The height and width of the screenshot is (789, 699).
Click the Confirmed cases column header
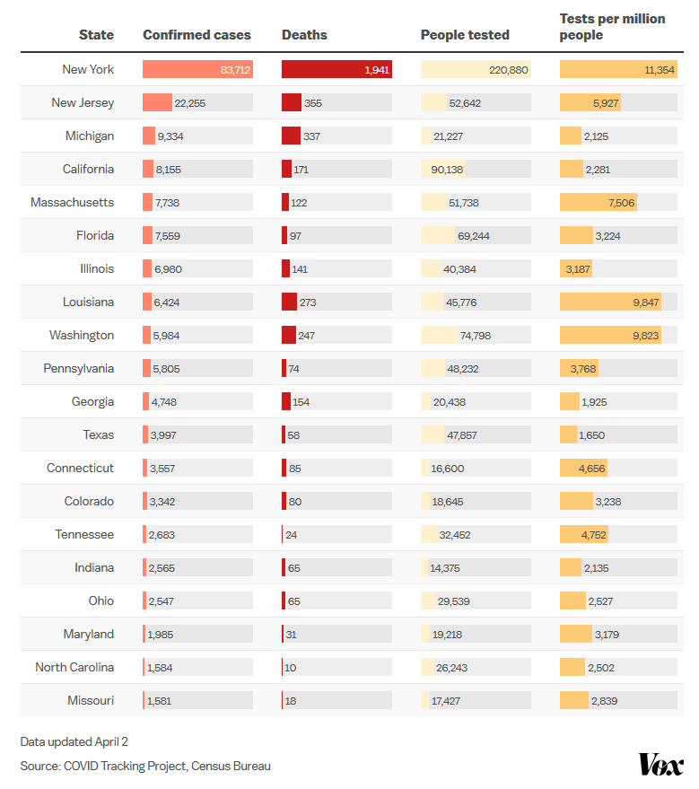click(197, 35)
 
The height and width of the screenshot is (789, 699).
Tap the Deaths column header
click(304, 35)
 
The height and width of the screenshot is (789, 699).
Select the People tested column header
click(465, 35)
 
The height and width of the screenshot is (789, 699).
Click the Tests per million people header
click(612, 27)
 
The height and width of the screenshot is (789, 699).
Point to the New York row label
click(88, 69)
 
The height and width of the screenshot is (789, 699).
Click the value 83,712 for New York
click(235, 70)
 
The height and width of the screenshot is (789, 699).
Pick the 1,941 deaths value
click(377, 70)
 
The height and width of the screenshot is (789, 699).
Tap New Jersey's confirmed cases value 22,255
click(190, 103)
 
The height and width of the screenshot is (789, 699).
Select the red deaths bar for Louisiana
click(289, 302)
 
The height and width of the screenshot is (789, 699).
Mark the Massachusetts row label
click(73, 203)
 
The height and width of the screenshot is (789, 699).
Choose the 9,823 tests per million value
click(645, 336)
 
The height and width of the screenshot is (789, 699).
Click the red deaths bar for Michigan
click(291, 136)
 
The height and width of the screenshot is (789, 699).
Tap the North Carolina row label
click(74, 668)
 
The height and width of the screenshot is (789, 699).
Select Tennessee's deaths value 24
click(291, 535)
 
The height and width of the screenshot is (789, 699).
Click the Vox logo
click(660, 764)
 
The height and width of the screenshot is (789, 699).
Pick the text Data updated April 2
click(74, 741)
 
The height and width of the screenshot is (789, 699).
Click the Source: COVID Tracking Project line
click(145, 766)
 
